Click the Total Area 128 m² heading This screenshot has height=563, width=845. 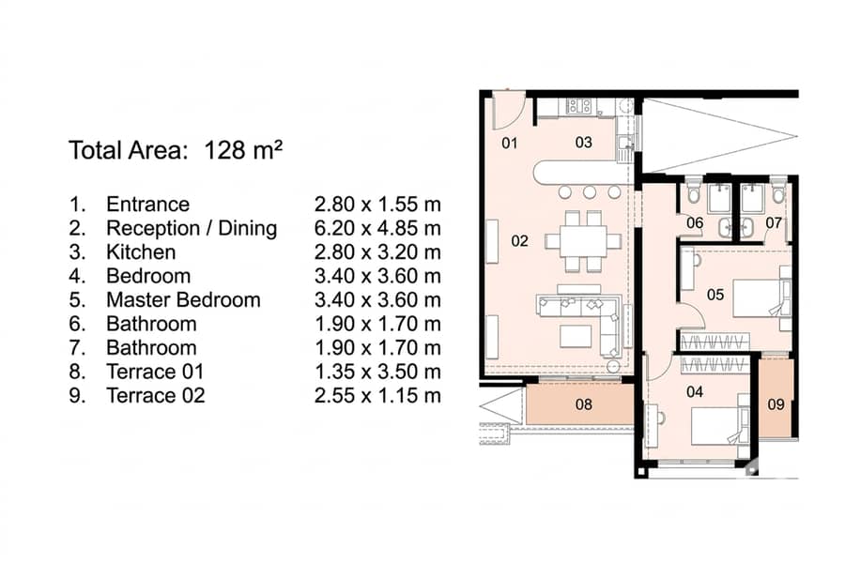(x=176, y=150)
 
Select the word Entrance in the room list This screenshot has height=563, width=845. (x=147, y=205)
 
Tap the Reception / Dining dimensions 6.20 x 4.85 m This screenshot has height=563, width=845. (x=377, y=228)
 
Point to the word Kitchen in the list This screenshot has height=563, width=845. (x=141, y=252)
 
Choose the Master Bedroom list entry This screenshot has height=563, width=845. (x=183, y=299)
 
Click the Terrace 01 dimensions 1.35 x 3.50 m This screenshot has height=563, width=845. (x=377, y=372)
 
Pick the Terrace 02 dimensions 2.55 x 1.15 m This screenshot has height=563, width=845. (x=377, y=395)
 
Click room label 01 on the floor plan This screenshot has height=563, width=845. (x=509, y=143)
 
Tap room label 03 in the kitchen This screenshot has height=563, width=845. (x=584, y=143)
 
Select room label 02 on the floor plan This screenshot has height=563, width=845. (x=519, y=241)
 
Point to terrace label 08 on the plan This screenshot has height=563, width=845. (x=584, y=404)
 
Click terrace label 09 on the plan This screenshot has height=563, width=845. (x=776, y=404)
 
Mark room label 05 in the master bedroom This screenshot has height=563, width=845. (x=715, y=295)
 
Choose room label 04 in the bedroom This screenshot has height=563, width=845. (x=695, y=391)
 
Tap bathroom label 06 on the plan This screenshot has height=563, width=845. (x=695, y=222)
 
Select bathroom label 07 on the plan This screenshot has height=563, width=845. (x=774, y=222)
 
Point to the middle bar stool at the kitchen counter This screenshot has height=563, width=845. (x=589, y=191)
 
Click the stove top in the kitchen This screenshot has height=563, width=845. (x=578, y=106)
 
